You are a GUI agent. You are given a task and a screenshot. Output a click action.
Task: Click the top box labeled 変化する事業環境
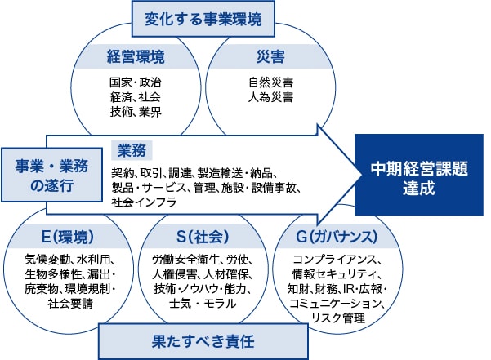(203, 19)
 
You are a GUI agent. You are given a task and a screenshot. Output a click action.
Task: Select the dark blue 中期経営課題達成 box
(419, 175)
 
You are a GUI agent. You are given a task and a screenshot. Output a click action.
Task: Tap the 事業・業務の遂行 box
(51, 175)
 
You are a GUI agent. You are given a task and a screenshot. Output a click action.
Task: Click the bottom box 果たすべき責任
(203, 341)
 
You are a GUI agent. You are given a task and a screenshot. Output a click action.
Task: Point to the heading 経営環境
(136, 56)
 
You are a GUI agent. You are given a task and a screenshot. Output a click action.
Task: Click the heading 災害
(270, 56)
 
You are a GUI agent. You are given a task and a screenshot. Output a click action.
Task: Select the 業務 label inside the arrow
(132, 150)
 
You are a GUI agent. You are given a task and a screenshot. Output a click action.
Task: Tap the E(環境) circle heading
(68, 237)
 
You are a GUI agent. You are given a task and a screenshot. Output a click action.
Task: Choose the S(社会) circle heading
(203, 237)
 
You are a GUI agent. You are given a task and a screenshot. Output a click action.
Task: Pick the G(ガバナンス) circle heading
(337, 237)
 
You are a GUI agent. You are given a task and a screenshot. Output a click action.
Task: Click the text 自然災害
(271, 82)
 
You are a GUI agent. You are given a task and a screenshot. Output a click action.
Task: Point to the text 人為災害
(271, 97)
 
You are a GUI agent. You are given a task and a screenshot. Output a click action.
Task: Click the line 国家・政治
(136, 82)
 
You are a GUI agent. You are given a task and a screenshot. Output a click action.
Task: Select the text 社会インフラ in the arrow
(144, 202)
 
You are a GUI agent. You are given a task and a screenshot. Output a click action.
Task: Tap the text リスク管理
(338, 318)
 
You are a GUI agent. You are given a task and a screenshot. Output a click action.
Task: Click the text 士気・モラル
(203, 304)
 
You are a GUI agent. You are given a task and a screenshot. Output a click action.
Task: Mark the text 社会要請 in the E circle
(70, 304)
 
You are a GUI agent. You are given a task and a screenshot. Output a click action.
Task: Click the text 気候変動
(47, 260)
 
